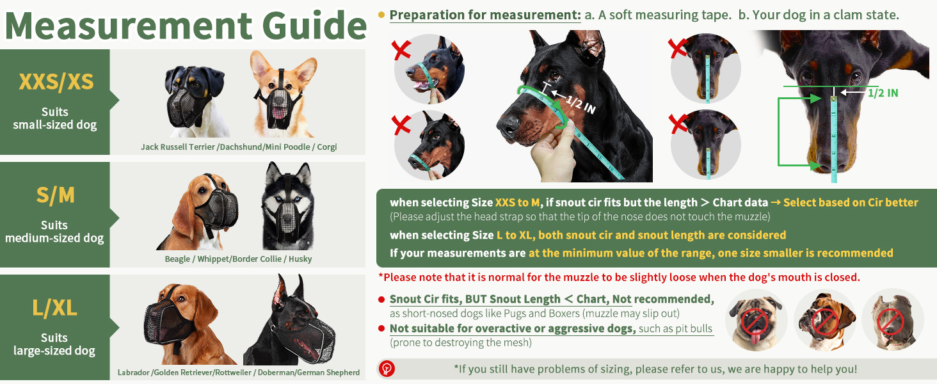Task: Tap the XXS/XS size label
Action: pos(56,81)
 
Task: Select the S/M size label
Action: pos(55,195)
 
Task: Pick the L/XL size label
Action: pos(55,308)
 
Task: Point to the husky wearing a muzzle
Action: pos(288,206)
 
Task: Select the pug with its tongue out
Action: pos(756,321)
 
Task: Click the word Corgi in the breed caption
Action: pos(326,147)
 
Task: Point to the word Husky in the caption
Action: pos(300,259)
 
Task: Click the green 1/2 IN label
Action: pos(883,93)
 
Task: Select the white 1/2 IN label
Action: pos(581,104)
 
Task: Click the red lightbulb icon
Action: pos(387,369)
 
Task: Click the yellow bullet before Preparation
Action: pos(381,15)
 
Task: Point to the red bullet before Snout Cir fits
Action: pos(381,300)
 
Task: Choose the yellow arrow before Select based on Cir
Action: pos(776,202)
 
